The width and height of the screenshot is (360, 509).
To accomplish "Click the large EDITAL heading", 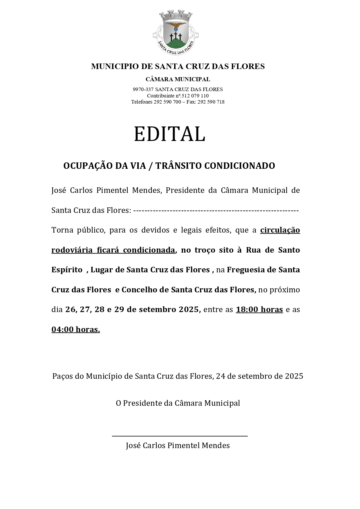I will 169,134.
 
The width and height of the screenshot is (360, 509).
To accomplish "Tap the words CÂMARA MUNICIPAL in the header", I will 178,79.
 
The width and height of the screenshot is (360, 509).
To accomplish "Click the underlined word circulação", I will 280,230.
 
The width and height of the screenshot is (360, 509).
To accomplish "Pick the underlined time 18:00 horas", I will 259,310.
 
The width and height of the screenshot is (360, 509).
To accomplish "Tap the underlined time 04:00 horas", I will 76,329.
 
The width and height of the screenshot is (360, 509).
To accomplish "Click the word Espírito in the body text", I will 67,270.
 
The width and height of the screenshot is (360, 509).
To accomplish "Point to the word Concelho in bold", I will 138,290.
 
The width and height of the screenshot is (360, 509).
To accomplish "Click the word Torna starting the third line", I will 62,230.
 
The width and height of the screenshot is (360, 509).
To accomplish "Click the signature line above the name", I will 180,436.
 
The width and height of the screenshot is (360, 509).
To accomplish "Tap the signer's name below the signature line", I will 178,445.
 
